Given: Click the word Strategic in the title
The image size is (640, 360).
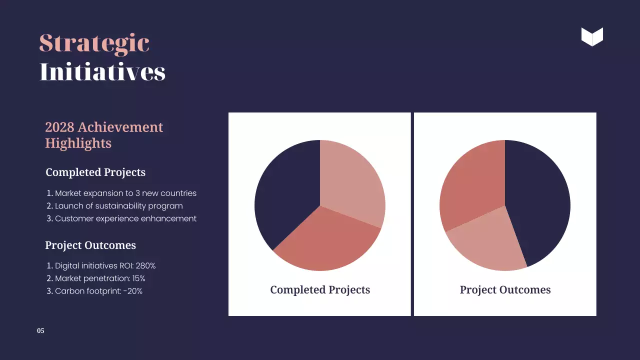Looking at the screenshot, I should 94,43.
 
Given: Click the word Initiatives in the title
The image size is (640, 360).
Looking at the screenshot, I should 102,72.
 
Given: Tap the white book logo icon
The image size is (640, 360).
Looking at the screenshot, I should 592,36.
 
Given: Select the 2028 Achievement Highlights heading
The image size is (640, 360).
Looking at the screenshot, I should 104,135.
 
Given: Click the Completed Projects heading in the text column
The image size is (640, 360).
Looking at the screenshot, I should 95,172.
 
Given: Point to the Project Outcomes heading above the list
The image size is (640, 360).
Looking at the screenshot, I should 90,245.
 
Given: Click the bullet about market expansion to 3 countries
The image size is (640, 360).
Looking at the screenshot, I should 125,193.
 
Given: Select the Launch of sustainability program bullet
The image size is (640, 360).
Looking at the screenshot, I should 118,206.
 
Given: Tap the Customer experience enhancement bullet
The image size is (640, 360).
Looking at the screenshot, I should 125,218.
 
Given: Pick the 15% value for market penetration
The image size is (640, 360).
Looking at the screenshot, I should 138,278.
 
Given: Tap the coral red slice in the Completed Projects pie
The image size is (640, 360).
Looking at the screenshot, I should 325,240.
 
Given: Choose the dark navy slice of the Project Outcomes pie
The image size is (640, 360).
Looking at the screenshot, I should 537,205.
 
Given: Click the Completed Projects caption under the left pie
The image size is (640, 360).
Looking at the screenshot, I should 320,290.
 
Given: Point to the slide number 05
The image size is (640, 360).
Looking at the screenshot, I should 40,331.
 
